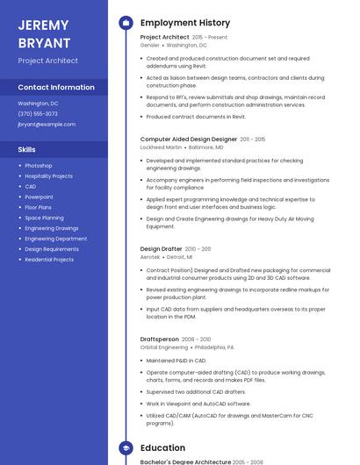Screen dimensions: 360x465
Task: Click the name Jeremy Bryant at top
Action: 44,32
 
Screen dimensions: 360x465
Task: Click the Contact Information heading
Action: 56,87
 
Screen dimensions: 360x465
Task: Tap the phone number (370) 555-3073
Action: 38,113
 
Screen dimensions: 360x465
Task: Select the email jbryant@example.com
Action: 47,125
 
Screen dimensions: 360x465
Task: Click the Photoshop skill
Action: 39,165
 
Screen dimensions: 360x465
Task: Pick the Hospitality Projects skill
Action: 48,175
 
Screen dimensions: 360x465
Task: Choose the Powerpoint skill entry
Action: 39,197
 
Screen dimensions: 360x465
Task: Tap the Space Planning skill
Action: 44,218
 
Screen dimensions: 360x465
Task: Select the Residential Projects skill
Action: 49,260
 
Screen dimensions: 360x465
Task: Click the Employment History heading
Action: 185,23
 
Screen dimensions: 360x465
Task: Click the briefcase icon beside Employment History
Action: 125,23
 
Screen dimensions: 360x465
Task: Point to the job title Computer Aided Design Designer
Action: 189,139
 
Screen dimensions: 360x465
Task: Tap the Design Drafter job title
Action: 162,249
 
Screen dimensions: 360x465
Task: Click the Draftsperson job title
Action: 160,339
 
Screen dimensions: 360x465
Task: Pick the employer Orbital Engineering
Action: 164,347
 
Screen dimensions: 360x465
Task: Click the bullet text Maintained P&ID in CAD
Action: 176,360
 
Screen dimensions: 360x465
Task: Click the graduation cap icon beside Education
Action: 125,447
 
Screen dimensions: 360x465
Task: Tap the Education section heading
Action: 163,447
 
